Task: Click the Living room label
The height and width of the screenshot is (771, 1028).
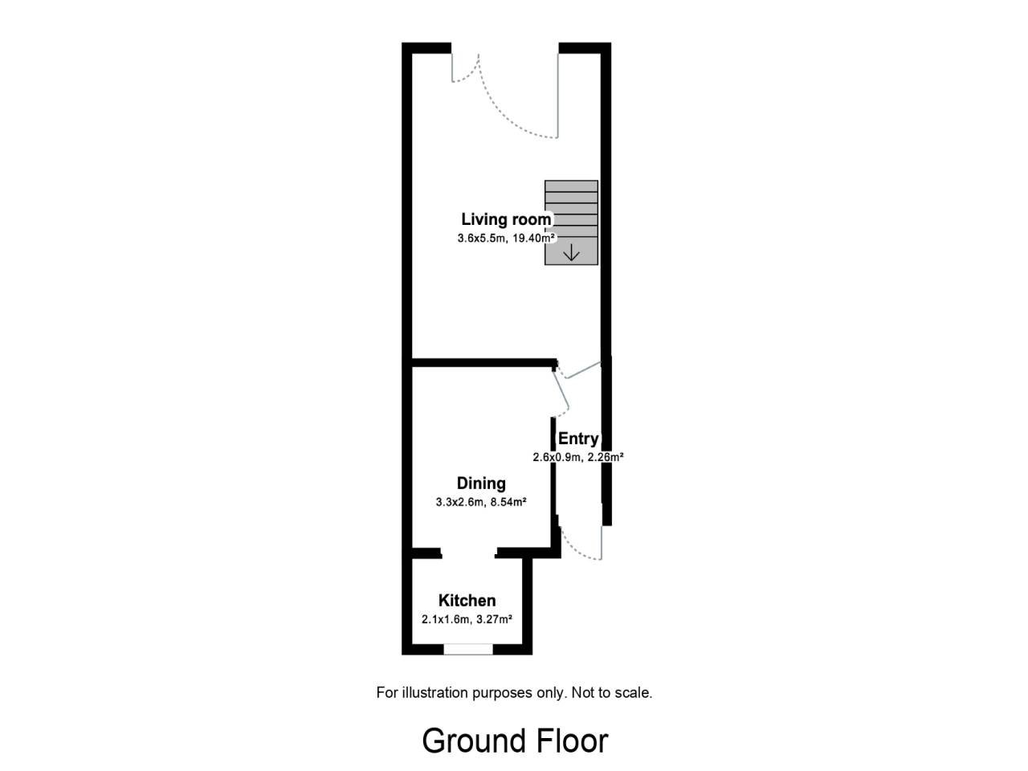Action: point(506,219)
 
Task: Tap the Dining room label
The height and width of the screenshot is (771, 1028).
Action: point(481,484)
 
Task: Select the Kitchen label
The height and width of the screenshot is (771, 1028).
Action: point(467,601)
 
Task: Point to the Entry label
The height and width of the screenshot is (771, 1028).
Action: point(578,439)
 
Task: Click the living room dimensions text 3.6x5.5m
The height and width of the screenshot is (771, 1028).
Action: point(481,239)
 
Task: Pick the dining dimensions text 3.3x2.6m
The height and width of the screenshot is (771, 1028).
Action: point(459,502)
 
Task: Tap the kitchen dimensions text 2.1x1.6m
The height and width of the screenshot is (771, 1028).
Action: point(445,620)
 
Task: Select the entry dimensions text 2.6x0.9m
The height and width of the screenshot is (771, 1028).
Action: point(557,457)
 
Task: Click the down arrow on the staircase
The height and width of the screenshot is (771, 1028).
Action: point(571,253)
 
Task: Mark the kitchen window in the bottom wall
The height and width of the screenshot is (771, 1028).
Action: point(468,649)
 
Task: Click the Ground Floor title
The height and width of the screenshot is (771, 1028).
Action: point(515,741)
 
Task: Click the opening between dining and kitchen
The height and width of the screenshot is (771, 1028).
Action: point(468,553)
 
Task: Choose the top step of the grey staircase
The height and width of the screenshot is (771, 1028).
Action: point(571,186)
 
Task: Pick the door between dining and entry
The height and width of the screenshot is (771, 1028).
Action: point(561,393)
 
